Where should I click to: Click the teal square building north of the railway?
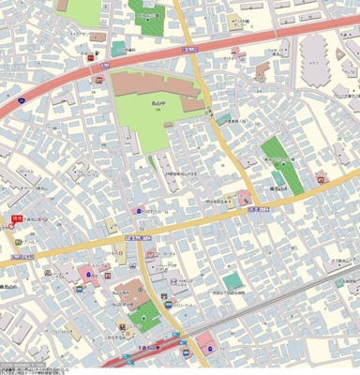(232, 281)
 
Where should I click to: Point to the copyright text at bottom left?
(28, 367)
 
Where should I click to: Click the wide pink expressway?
(56, 94)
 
